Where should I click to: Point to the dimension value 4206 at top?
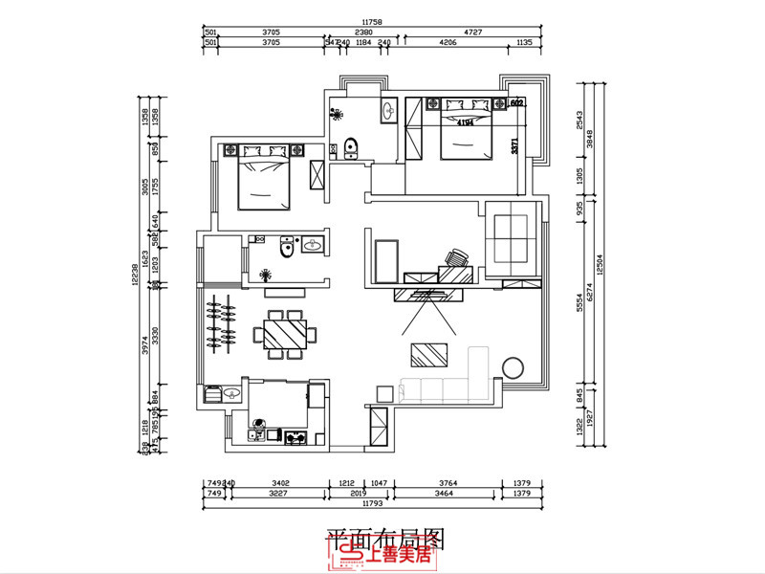pos(447,42)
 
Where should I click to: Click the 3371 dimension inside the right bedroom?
pos(514,146)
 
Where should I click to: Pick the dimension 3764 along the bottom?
pos(442,483)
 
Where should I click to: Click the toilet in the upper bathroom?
pos(350,147)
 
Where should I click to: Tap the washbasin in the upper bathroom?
pos(388,111)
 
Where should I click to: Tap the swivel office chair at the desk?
pos(455,258)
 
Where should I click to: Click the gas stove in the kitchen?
pos(295,438)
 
